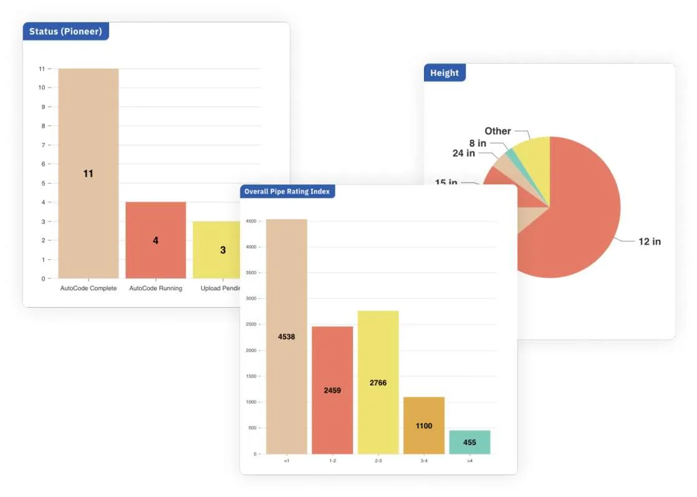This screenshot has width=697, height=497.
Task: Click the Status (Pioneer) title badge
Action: point(65,31)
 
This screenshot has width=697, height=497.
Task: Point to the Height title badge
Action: point(445,73)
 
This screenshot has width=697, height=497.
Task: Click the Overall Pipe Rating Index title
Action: point(287,191)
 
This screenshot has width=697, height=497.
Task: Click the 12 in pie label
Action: point(649,242)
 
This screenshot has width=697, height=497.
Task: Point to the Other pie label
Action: point(498,131)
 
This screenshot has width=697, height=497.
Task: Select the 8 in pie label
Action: point(478,143)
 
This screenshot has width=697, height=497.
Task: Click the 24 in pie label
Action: point(463,153)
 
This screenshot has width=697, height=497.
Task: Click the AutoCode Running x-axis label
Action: point(155,288)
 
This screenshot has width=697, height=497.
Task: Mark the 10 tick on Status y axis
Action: point(42,88)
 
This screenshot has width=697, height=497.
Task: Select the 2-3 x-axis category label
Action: point(378,461)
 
